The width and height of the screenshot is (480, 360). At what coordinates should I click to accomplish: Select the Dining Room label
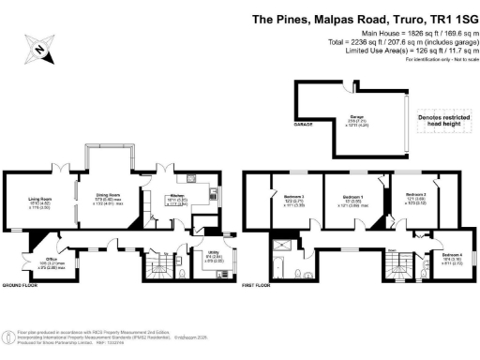112,196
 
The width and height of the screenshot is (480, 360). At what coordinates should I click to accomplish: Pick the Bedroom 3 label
293,200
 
